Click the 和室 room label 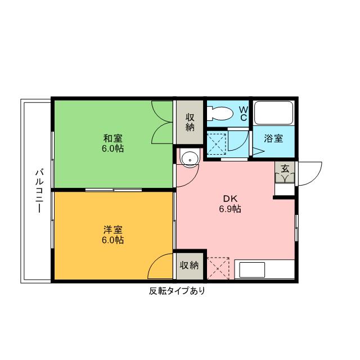(x=113, y=138)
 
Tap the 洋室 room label (x=113, y=229)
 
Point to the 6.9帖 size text (x=230, y=209)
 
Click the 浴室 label (x=273, y=138)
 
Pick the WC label (x=243, y=113)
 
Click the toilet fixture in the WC (x=220, y=114)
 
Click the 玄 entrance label (x=285, y=168)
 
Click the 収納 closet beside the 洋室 (x=190, y=265)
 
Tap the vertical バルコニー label (x=38, y=191)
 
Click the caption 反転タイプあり (x=177, y=291)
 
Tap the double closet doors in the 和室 (x=163, y=123)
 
